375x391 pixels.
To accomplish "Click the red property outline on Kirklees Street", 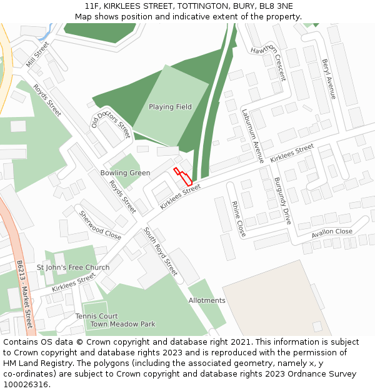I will point(182,175).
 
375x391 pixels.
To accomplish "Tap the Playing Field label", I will point(170,107).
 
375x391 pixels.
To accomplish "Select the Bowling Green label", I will point(125,173).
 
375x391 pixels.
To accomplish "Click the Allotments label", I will point(207,301).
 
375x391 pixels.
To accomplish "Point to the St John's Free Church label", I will point(73,268).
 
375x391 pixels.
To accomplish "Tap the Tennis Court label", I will point(97,317).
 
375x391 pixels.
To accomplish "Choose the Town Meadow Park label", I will point(123,325).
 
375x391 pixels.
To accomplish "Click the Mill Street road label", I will point(37,54).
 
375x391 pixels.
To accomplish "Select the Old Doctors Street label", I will point(111,120).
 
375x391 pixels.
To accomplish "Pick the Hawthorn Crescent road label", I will point(268,63).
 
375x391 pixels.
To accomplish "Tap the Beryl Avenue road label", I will point(329,79).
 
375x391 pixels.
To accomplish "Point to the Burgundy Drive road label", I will point(282,201).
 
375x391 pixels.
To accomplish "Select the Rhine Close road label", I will point(238,219).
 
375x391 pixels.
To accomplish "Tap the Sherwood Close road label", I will point(100,225).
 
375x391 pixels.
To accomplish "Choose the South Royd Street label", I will point(161,251).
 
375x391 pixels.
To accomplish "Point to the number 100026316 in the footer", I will point(26,385).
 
